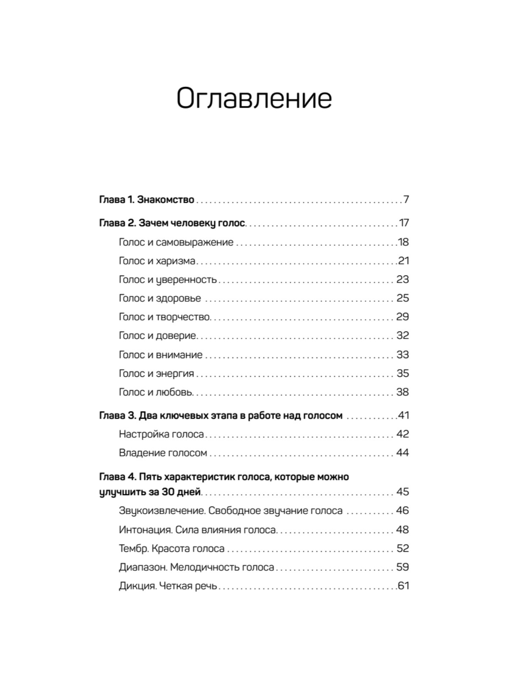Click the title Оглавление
[254, 99]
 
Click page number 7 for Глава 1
[406, 200]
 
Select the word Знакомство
[166, 200]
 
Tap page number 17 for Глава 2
[403, 223]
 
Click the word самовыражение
[195, 242]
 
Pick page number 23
[403, 280]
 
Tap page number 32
[403, 336]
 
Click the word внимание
[179, 355]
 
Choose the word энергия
[175, 373]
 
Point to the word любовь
[174, 392]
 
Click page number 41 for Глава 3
[403, 415]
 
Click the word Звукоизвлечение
[162, 511]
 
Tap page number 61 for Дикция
[403, 586]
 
